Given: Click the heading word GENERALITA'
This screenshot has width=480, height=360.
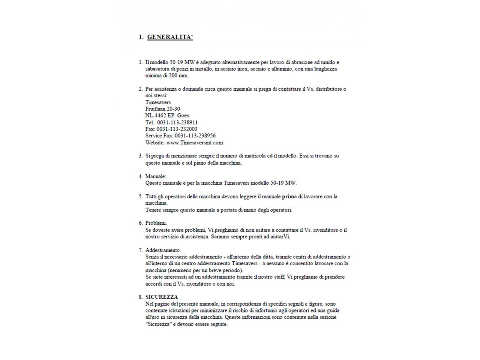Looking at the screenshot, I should (x=170, y=37).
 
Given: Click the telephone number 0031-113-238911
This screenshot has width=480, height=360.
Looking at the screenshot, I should (x=177, y=122).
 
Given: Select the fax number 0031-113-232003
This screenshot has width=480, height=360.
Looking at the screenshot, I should (x=177, y=129).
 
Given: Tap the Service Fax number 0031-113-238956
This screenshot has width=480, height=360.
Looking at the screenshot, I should (x=195, y=136).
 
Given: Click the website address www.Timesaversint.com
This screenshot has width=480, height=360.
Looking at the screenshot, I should (x=194, y=142).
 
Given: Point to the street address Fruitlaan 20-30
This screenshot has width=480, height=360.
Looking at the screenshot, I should (x=163, y=109).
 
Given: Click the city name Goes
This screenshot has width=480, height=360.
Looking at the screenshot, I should (x=183, y=115).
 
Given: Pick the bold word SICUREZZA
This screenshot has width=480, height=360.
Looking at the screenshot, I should (x=161, y=297).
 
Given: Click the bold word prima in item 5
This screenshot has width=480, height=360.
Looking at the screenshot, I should (x=289, y=196).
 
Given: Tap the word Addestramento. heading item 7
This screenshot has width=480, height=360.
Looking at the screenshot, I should (x=163, y=250).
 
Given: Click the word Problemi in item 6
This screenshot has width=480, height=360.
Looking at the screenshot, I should (x=156, y=223).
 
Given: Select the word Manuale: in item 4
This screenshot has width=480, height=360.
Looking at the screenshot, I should (x=155, y=176).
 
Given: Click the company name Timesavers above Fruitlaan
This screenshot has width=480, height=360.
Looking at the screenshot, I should (x=158, y=102).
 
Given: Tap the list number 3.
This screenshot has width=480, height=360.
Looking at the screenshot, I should (x=140, y=156).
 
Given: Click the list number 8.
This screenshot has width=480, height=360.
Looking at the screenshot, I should (x=140, y=297).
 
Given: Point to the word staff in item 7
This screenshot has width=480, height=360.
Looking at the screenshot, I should (x=279, y=277).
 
